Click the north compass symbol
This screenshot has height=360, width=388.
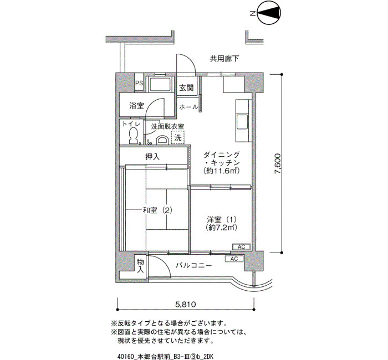[x=269, y=14]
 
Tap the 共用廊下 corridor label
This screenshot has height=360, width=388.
[x=224, y=59]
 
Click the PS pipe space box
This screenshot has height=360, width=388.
[x=139, y=83]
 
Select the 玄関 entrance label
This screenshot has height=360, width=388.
[x=186, y=88]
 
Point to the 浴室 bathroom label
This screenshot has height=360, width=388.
[x=136, y=106]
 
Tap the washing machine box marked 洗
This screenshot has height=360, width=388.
[x=178, y=137]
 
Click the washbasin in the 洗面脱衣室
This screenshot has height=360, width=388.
[x=162, y=140]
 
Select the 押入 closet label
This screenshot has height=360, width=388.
[x=152, y=157]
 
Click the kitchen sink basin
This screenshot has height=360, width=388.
[x=242, y=122]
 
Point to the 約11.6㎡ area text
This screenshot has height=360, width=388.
[x=221, y=171]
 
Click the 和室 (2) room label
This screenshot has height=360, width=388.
[x=157, y=210]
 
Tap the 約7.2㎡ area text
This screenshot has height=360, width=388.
[x=222, y=227]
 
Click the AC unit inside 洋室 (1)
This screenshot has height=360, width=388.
[x=242, y=247]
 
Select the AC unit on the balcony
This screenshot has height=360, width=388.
[x=234, y=259]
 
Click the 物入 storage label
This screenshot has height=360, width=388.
[x=140, y=265]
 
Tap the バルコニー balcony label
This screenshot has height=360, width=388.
[x=194, y=266]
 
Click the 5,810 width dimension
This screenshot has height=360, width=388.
[x=186, y=305]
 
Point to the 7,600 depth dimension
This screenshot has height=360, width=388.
[x=278, y=163]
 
